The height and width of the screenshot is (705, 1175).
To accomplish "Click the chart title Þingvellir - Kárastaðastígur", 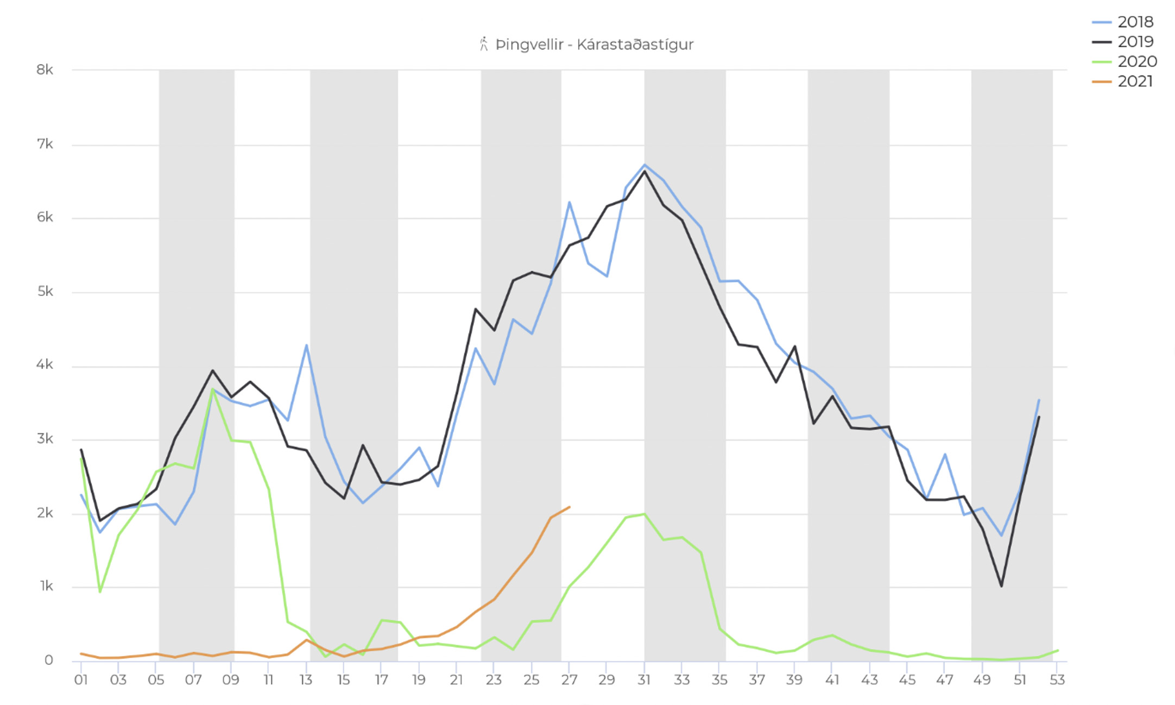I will [x=594, y=45].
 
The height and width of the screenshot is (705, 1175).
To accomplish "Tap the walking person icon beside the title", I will [x=483, y=44].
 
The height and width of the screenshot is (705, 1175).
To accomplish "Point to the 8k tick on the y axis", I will [x=45, y=70].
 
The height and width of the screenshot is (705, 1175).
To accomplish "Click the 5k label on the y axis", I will [x=45, y=292].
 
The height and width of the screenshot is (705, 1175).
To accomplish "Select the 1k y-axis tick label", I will [x=46, y=586].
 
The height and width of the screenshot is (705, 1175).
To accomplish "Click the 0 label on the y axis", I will [x=49, y=660].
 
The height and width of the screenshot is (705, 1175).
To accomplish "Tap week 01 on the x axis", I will [x=81, y=680].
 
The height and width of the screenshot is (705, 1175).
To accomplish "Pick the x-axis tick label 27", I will [x=569, y=680].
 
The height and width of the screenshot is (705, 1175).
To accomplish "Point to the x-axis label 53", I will [x=1057, y=680].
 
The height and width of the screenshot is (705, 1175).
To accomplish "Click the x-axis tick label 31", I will [x=644, y=680].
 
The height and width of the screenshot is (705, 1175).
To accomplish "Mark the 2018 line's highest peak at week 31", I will [x=645, y=165].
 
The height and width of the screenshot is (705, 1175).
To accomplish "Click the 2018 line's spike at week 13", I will [x=307, y=345].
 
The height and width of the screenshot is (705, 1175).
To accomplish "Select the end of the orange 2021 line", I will [x=569, y=507].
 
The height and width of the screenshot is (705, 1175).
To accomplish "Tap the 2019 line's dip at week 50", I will [x=1001, y=586].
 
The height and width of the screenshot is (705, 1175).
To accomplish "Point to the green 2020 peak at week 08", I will [x=212, y=389].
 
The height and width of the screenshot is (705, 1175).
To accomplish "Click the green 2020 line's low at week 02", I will [x=100, y=591].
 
